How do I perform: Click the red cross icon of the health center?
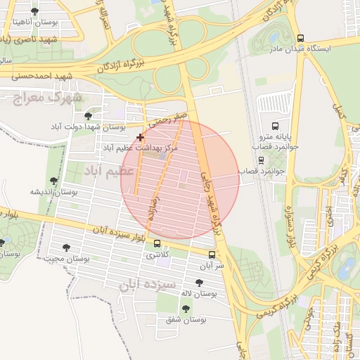141,137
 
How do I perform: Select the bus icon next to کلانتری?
156,243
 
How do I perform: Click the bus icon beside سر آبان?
212,255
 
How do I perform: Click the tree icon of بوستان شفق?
186,309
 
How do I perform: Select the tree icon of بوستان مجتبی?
66,247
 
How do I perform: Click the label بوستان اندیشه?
53,191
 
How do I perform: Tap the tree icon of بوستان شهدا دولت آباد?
88,115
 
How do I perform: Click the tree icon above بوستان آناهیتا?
35,11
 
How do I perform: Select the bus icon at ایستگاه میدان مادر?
301,39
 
